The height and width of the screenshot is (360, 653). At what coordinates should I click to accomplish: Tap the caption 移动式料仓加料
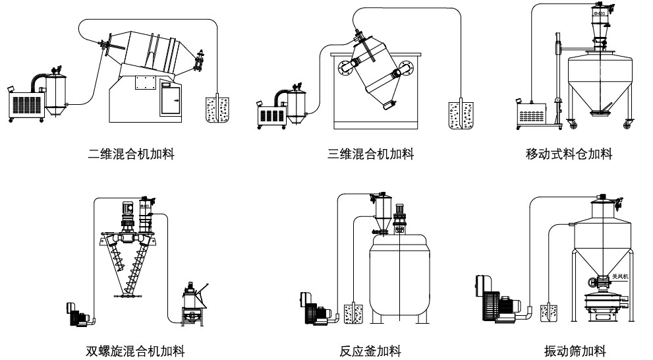[569, 156]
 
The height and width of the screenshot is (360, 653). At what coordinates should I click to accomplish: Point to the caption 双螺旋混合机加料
[140, 350]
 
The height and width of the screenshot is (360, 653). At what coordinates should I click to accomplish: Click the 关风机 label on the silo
[620, 277]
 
